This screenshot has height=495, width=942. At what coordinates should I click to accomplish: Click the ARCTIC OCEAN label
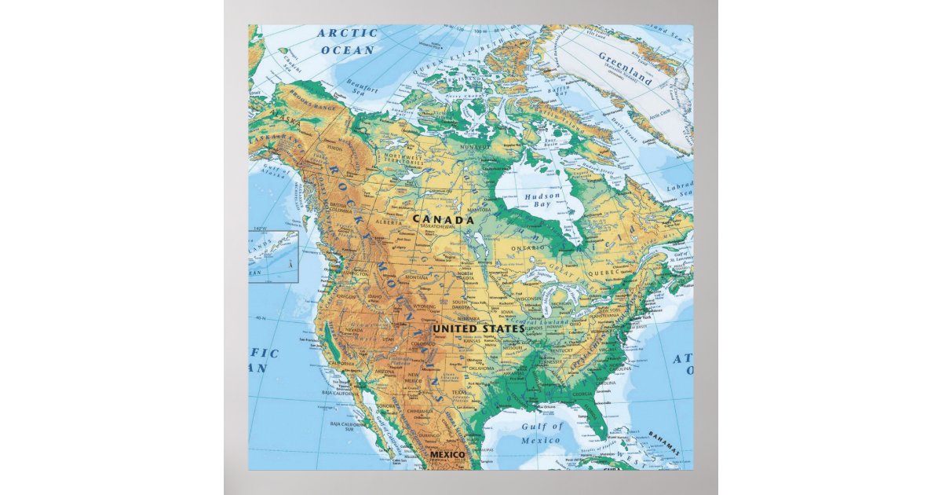[x=346, y=42]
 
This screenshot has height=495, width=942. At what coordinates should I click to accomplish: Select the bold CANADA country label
[x=444, y=220]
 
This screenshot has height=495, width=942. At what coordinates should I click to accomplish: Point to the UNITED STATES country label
[x=477, y=328]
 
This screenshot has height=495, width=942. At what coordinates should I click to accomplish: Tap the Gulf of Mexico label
[x=542, y=433]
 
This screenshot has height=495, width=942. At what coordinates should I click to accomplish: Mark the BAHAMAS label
[x=664, y=438]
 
